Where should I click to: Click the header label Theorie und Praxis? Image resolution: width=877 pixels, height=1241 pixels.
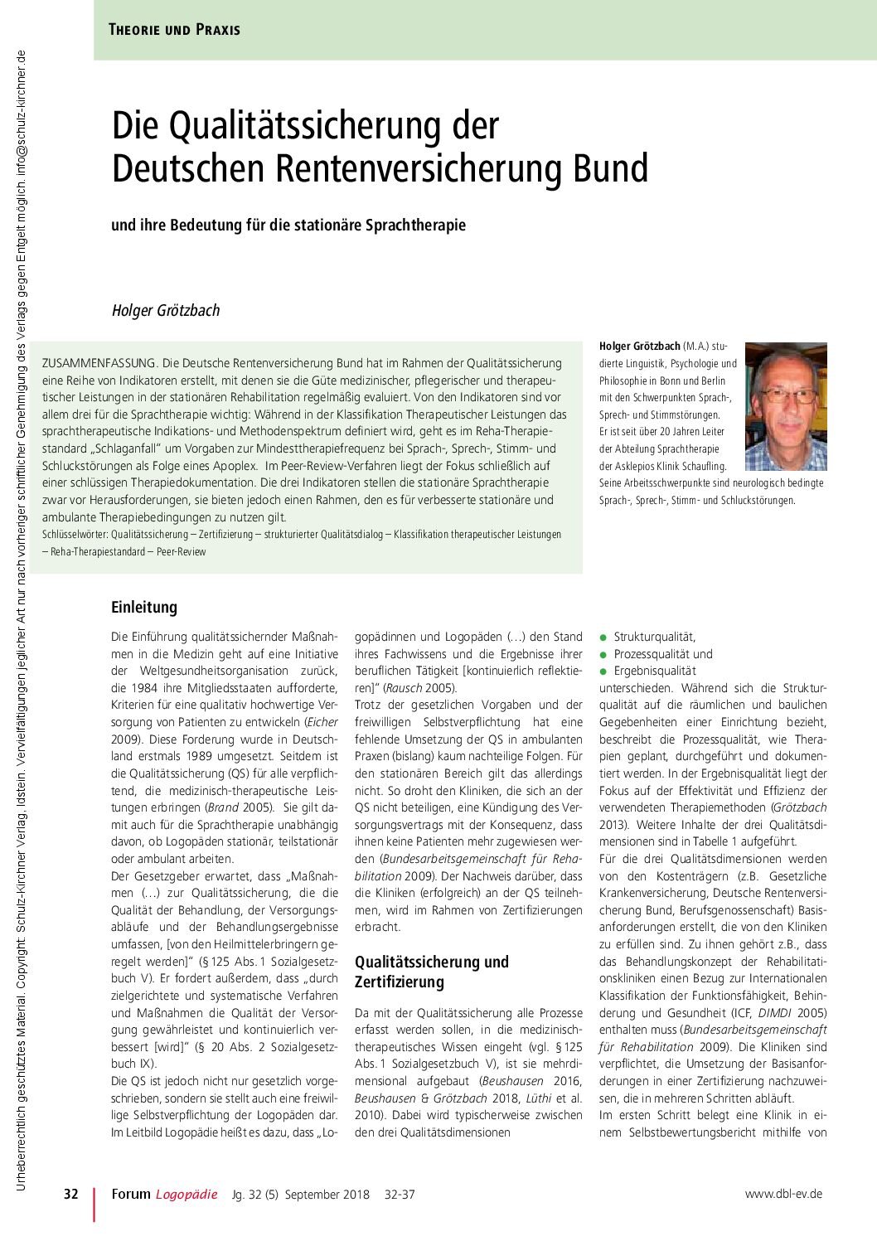click(x=174, y=30)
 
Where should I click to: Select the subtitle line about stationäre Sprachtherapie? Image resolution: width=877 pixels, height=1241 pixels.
click(x=288, y=225)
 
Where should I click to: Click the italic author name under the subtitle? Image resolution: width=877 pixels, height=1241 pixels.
click(x=166, y=311)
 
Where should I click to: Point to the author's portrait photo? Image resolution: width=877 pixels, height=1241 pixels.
click(x=786, y=406)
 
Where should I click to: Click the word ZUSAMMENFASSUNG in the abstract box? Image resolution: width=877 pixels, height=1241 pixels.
click(x=99, y=363)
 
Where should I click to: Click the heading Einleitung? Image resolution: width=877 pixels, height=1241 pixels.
click(x=144, y=607)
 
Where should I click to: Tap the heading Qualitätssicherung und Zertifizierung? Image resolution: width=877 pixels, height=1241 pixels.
click(x=432, y=972)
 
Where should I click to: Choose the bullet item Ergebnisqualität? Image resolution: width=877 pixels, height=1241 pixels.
click(x=655, y=671)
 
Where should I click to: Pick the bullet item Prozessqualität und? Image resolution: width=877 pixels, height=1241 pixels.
click(x=662, y=654)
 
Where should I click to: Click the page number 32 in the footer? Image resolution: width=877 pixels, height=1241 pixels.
click(x=71, y=1194)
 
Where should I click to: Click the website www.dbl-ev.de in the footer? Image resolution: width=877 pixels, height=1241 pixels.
click(x=783, y=1194)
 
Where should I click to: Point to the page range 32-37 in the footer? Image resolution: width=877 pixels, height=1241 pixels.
click(x=400, y=1195)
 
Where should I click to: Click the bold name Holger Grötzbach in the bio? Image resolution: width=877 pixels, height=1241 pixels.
click(x=639, y=346)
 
